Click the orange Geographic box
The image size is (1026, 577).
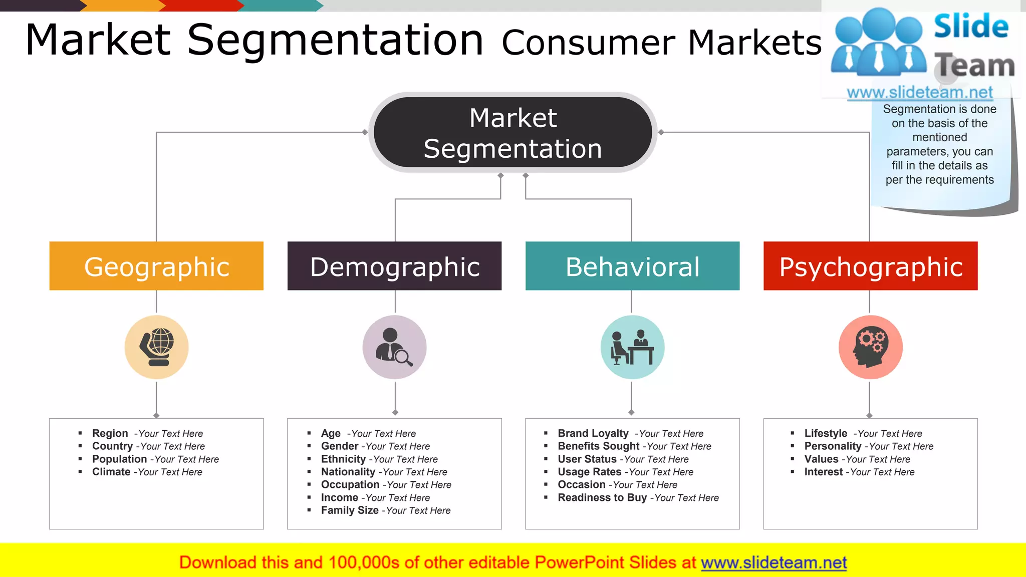[156, 266]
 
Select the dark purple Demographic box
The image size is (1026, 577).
[394, 266]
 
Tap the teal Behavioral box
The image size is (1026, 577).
[632, 266]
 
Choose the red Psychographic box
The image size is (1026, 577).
[870, 266]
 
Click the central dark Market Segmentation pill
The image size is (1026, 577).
[512, 133]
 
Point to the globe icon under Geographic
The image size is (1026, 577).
[157, 347]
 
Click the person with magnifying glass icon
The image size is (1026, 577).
[394, 347]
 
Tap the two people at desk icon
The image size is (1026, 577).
[632, 347]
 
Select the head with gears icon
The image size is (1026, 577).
[870, 347]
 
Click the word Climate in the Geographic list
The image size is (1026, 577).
[111, 472]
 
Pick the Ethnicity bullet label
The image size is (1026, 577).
[343, 459]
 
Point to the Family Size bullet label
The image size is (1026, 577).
[350, 510]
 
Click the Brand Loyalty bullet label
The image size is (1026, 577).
[593, 433]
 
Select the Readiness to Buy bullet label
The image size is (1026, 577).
[602, 498]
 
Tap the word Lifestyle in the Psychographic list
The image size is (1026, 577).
[826, 433]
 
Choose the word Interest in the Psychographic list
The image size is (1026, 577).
[824, 472]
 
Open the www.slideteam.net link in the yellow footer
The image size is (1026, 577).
[774, 563]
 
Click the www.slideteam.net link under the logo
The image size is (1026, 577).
[919, 93]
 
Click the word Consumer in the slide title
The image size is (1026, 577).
[588, 43]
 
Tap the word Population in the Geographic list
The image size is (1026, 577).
[119, 459]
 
